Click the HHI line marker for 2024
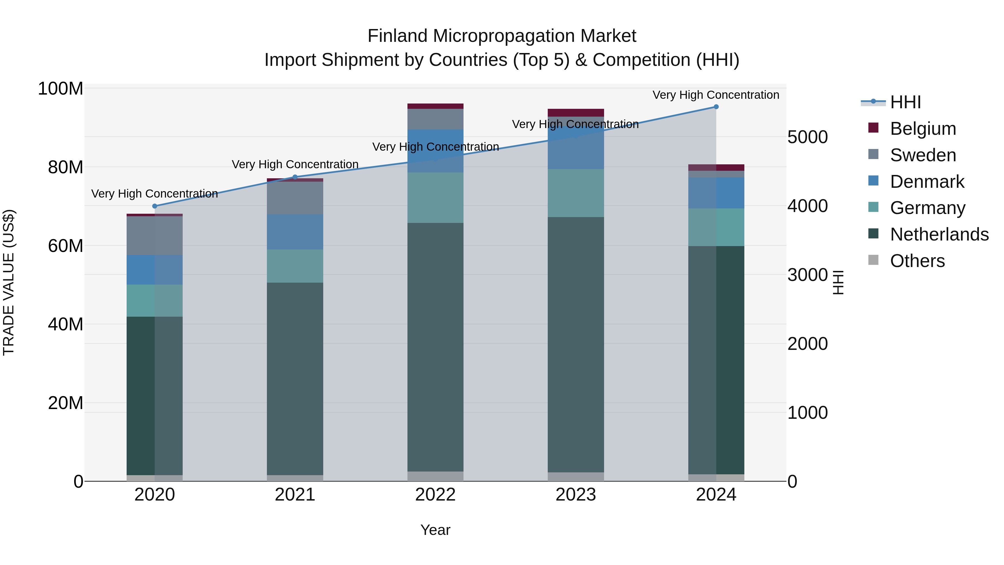click(x=716, y=107)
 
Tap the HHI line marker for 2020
click(x=155, y=206)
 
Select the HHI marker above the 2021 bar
click(x=295, y=177)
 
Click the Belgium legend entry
click(x=923, y=129)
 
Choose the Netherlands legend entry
click(x=939, y=234)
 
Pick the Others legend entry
click(x=917, y=261)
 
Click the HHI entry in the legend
click(x=905, y=102)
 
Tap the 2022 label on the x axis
click(x=435, y=495)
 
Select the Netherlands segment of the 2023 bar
click(x=576, y=343)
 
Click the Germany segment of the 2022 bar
click(x=435, y=198)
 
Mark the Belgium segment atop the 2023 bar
click(x=576, y=113)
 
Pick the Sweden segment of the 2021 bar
click(x=295, y=198)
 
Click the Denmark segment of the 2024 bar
click(x=716, y=193)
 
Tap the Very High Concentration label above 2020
click(x=155, y=194)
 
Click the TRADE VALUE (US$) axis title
click(x=9, y=282)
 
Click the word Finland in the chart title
click(x=397, y=36)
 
